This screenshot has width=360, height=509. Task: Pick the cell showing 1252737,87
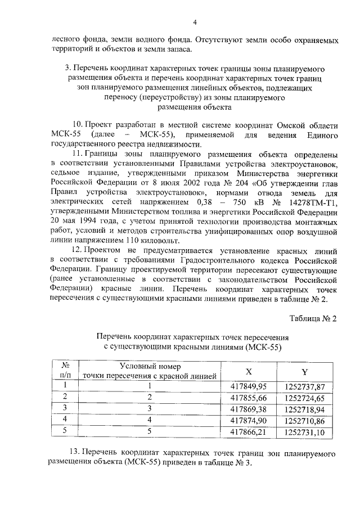(x=305, y=386)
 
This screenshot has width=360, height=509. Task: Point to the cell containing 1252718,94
(x=305, y=409)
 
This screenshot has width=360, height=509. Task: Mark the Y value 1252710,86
(x=305, y=420)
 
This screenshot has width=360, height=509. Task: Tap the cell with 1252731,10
(x=305, y=431)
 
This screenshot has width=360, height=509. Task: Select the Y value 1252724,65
(x=305, y=398)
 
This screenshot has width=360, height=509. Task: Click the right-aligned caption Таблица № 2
(x=313, y=318)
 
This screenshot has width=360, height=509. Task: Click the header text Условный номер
(x=149, y=366)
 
